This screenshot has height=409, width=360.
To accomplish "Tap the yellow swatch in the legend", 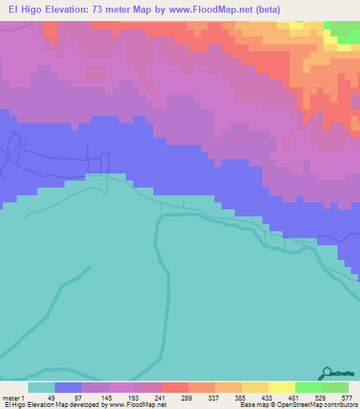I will coord(282,387).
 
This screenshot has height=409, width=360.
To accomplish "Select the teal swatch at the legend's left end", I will coord(41,387).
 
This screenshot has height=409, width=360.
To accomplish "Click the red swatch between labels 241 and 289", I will coord(175,387).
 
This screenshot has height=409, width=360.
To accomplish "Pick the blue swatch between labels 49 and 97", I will coord(68,387).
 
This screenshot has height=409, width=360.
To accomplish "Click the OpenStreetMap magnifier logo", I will coord(326,373).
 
